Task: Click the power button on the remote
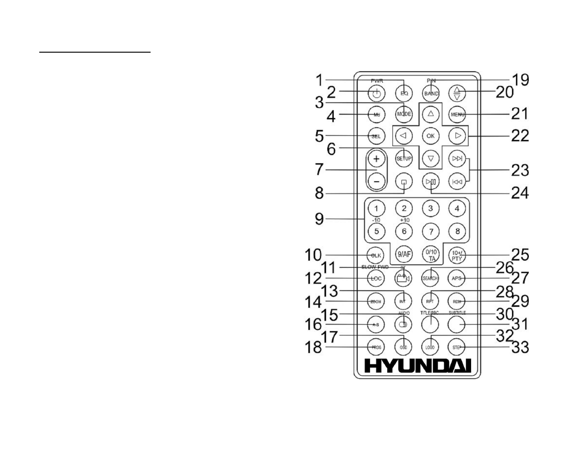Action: [x=377, y=94]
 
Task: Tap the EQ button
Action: [x=404, y=93]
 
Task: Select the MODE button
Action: [x=404, y=114]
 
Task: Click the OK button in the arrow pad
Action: [x=430, y=136]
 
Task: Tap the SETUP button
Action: [x=404, y=158]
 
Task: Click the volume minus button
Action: [x=377, y=181]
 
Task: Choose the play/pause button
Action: [x=430, y=181]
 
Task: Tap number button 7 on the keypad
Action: [x=430, y=231]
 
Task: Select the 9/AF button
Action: [x=404, y=254]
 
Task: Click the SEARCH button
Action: [x=430, y=278]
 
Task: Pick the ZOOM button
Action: [x=376, y=302]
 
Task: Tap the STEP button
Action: [x=457, y=347]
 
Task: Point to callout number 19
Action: [x=520, y=80]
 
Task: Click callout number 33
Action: [x=520, y=347]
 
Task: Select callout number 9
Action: [x=320, y=218]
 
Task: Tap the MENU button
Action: [x=457, y=114]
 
